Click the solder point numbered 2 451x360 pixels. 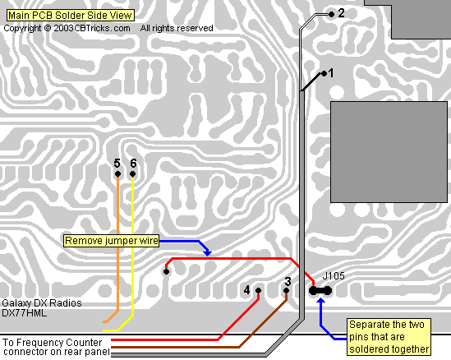pos(331,14)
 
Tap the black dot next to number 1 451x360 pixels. pos(324,74)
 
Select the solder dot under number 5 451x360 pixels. pos(117,174)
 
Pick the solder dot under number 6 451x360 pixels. pos(132,174)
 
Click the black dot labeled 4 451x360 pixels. pos(258,291)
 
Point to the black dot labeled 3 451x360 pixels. pos(286,291)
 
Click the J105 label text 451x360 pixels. pos(334,276)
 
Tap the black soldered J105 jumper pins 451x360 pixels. pos(320,291)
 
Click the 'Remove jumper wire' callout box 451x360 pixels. pos(111,241)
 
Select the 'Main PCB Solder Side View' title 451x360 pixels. pos(70,16)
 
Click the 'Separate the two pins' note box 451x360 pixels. pos(389,337)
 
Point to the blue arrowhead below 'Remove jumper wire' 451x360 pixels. pos(207,253)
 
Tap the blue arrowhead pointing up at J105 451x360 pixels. pos(320,301)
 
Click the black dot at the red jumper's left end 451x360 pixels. pos(166,271)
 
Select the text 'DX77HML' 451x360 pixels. pos(24,313)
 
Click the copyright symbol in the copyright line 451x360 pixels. pos(48,28)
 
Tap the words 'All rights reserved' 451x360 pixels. pos(177,28)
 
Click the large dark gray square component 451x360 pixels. pos(389,152)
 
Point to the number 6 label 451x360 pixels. pos(133,164)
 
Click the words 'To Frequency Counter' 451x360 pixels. pos(53,343)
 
